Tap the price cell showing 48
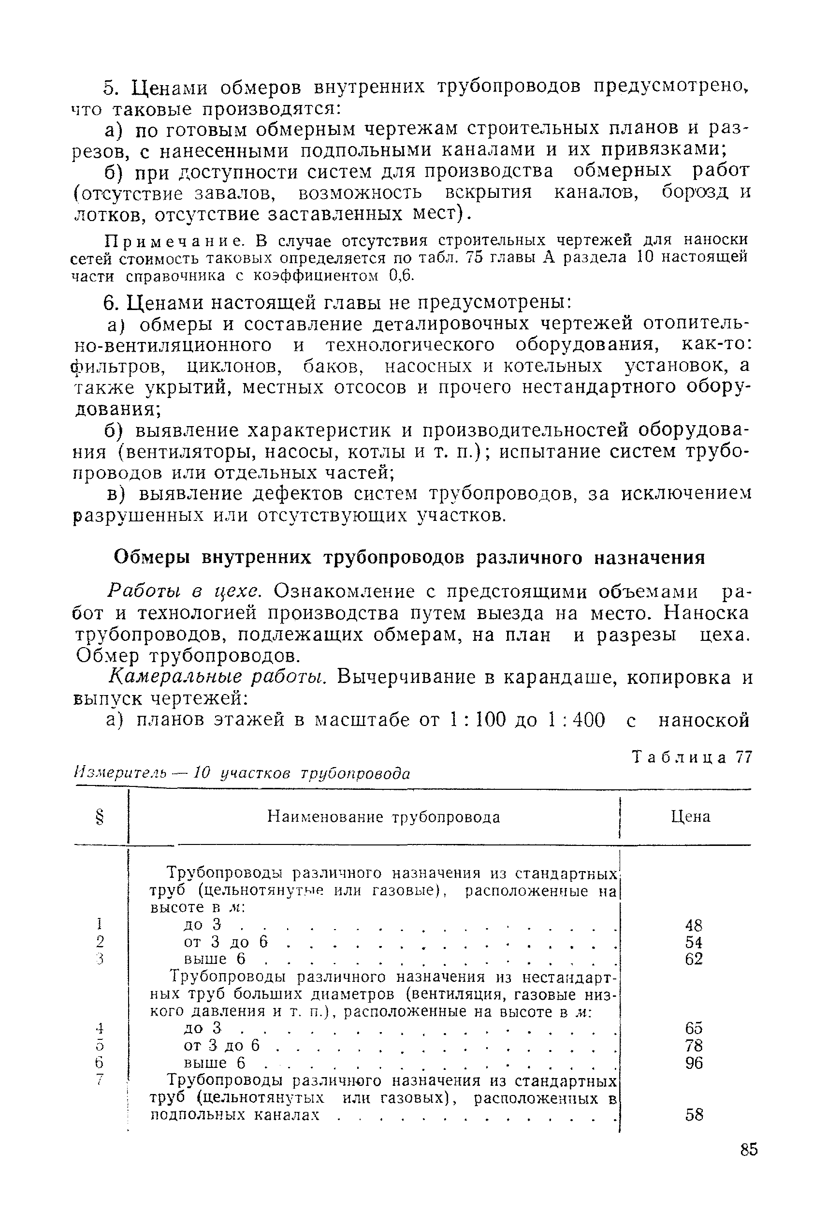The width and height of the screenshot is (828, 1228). click(x=693, y=925)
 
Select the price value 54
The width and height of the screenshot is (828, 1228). click(x=693, y=942)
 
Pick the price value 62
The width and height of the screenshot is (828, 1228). click(x=693, y=959)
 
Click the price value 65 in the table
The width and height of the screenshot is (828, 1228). click(x=693, y=1028)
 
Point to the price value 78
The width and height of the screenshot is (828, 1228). click(x=693, y=1045)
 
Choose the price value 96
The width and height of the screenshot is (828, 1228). click(x=693, y=1063)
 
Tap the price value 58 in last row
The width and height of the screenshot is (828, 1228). click(x=693, y=1114)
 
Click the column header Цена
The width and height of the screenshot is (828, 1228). click(x=690, y=817)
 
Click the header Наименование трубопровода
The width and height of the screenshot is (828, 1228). click(x=383, y=817)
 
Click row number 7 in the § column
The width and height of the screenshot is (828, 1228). click(x=99, y=1080)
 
